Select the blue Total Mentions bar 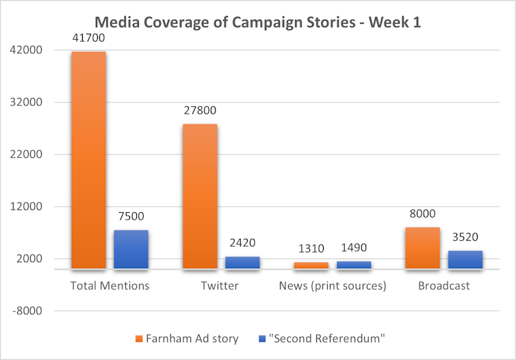[131, 249]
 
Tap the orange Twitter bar [200, 196]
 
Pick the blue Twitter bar [242, 262]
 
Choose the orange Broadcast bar [422, 248]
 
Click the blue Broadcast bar [465, 259]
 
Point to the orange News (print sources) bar [311, 265]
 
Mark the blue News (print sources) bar [354, 265]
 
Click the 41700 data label [89, 38]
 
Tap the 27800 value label [200, 110]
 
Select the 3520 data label [465, 237]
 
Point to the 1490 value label [354, 248]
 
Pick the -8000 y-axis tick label [29, 311]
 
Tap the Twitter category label [220, 285]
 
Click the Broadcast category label [443, 285]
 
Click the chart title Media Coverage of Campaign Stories [257, 22]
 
